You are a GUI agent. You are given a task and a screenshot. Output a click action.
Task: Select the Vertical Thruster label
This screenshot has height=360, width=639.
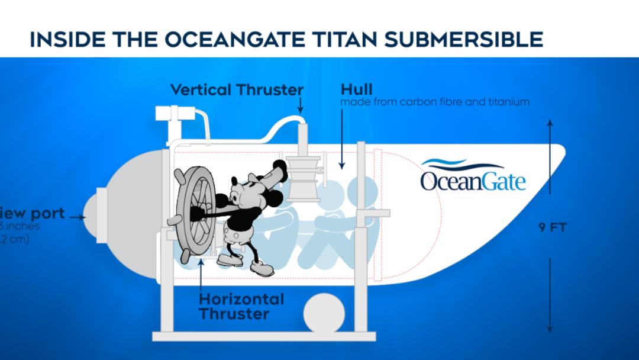tap(237, 90)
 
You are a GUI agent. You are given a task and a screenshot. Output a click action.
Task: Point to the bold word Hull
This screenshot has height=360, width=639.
tap(356, 89)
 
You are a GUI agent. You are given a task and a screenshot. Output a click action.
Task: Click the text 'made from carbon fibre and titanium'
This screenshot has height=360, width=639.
tap(435, 102)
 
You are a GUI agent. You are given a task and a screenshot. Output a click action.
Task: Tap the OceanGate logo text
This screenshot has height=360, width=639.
tap(473, 181)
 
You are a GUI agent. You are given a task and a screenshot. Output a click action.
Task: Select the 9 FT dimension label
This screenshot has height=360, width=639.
tap(552, 227)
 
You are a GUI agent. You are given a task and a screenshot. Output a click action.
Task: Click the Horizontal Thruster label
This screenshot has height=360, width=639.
tap(241, 306)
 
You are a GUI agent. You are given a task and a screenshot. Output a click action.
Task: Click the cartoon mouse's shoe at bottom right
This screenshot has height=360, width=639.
tap(262, 269)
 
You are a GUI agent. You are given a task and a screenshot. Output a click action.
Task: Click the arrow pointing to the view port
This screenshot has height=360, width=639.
tap(76, 217)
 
